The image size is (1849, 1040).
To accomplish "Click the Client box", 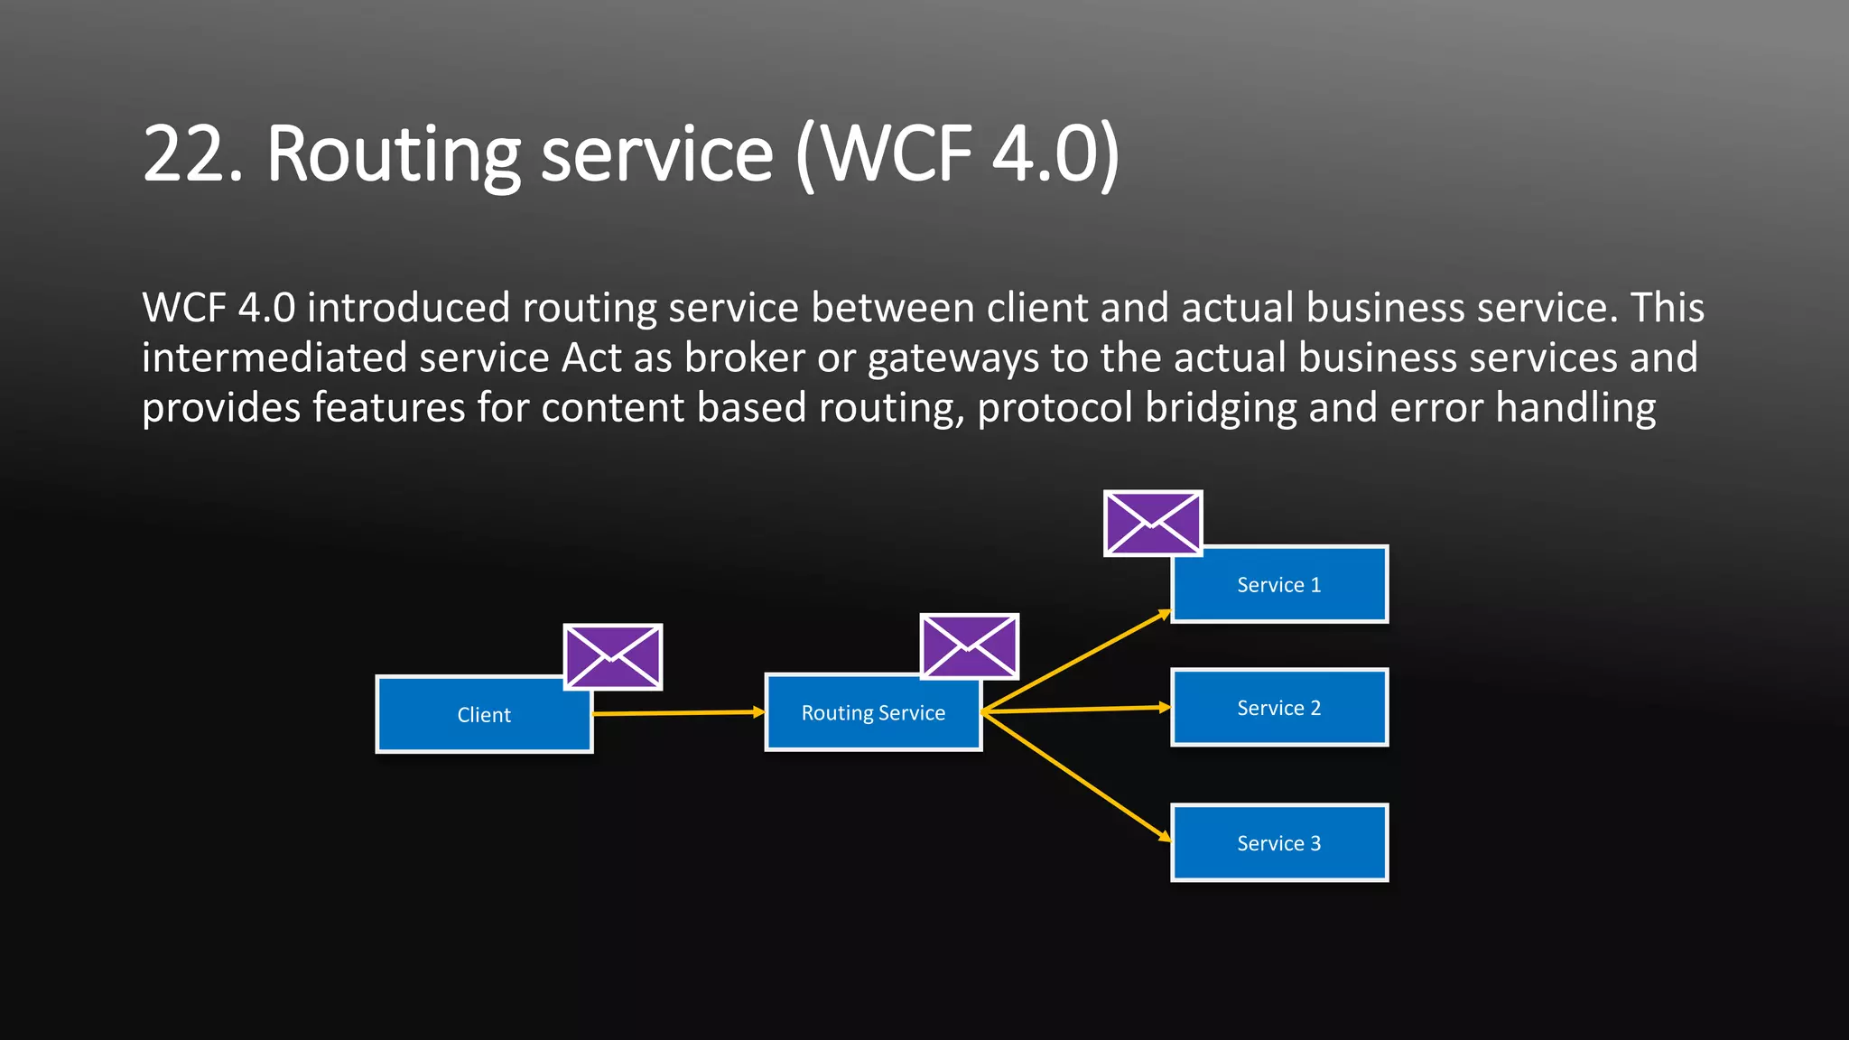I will (x=484, y=715).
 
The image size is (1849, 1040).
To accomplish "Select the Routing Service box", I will (x=873, y=713).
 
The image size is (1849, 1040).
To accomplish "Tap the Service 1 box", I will (x=1278, y=585).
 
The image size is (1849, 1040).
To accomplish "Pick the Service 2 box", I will (x=1278, y=708).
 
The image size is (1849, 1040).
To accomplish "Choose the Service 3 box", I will (x=1278, y=843).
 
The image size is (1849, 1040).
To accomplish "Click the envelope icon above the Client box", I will (x=613, y=657).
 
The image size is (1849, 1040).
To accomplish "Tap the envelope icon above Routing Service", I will (x=970, y=646).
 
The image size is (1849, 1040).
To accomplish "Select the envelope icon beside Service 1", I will (x=1153, y=524).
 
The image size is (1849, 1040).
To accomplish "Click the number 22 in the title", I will (x=192, y=155).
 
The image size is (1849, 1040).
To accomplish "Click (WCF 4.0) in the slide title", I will (x=957, y=155).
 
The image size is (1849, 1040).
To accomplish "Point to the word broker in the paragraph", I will (x=744, y=358).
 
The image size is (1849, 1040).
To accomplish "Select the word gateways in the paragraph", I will (x=952, y=358).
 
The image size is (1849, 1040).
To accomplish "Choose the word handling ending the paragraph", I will (x=1575, y=408).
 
